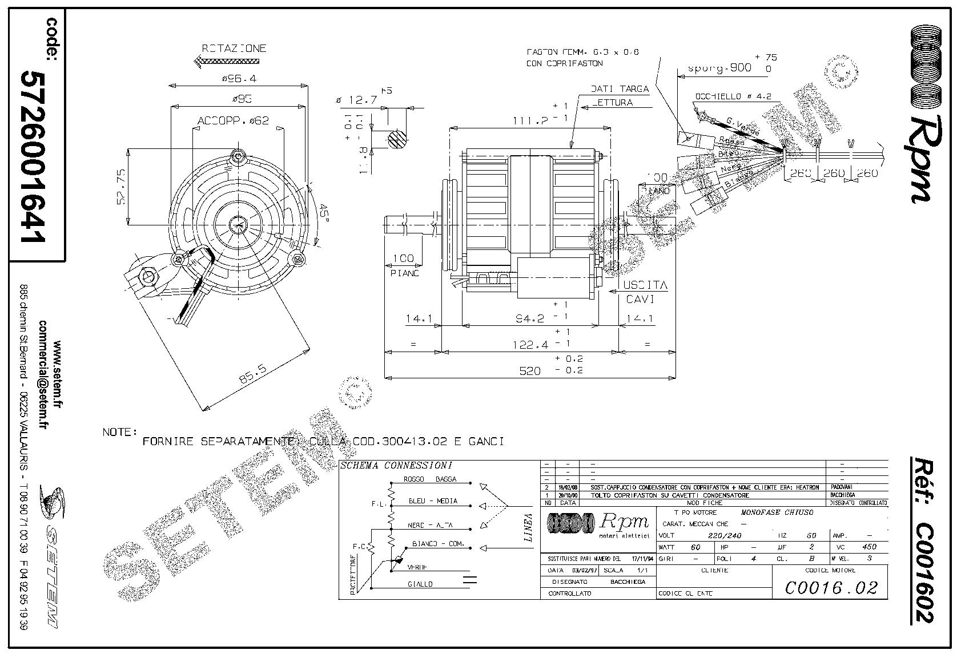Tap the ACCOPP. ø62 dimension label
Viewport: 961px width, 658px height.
pos(234,121)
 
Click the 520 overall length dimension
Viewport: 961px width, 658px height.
pos(529,371)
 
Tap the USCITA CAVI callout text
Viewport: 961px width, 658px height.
pos(645,291)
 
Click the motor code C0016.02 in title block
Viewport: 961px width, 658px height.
pos(830,587)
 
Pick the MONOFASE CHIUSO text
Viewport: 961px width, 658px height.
pos(777,512)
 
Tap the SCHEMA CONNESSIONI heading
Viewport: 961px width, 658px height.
pos(396,466)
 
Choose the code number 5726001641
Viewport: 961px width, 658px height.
pos(33,156)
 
